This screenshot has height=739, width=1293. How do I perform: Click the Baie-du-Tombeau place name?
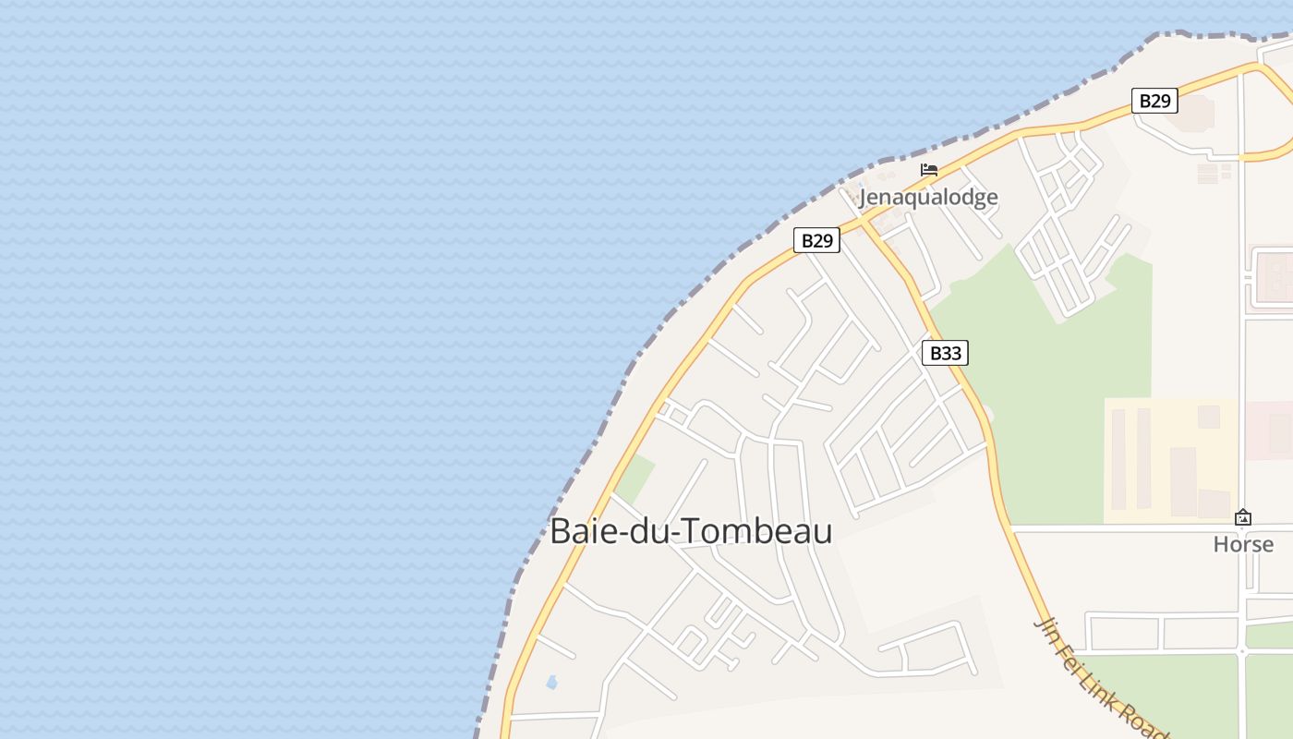click(x=691, y=531)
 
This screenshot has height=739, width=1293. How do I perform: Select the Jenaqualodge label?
click(x=928, y=197)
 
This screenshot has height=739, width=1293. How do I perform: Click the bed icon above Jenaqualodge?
click(x=928, y=170)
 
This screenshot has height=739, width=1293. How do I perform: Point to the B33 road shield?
click(x=945, y=353)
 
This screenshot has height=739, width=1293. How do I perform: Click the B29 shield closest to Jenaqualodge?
click(x=816, y=241)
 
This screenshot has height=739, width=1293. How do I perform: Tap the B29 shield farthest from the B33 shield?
click(x=1154, y=101)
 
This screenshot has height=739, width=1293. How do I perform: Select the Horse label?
click(x=1243, y=544)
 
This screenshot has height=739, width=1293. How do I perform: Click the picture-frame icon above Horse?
click(x=1243, y=517)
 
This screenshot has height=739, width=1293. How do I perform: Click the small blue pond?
click(x=551, y=683)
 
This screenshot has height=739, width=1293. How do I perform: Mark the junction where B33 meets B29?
click(x=863, y=223)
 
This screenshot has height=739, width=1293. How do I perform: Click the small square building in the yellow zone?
click(x=1208, y=417)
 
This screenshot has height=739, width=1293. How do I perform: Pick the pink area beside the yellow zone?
click(x=1267, y=430)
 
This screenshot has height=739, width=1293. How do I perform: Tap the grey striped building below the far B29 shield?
click(x=1208, y=173)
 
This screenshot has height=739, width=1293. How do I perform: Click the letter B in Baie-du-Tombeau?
click(x=560, y=531)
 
